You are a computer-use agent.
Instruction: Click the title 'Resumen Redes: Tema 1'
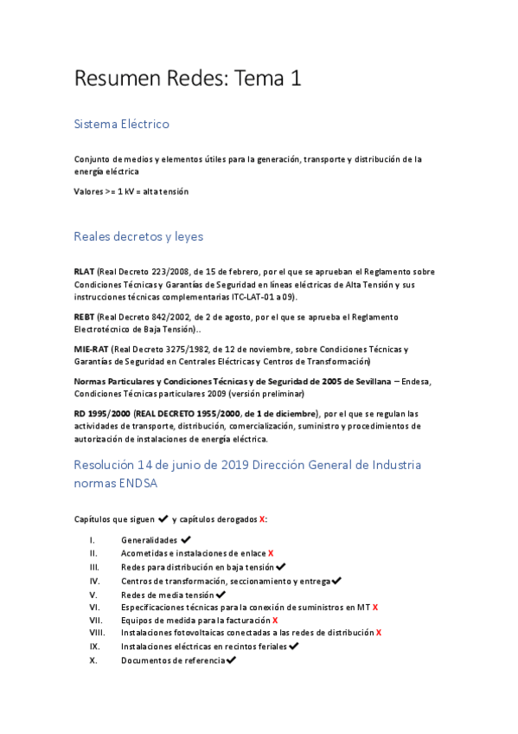tap(188, 79)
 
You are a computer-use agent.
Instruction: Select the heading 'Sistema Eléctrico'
tap(122, 124)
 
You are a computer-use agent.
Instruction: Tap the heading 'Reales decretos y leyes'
tap(138, 235)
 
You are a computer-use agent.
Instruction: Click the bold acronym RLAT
tap(84, 271)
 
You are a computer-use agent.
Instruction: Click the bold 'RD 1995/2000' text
tap(102, 413)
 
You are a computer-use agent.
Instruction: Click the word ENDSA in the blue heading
tap(135, 484)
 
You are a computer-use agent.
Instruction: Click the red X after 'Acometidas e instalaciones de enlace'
tap(271, 553)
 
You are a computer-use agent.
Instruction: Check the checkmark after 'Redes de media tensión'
tap(221, 595)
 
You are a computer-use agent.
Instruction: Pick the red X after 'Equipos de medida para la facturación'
tap(275, 620)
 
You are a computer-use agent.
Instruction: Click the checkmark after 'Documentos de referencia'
tap(230, 660)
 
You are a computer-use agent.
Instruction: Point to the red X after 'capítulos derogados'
tap(262, 519)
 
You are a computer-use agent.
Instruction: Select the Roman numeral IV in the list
tap(94, 581)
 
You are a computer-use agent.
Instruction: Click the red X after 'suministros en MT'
tap(375, 608)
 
